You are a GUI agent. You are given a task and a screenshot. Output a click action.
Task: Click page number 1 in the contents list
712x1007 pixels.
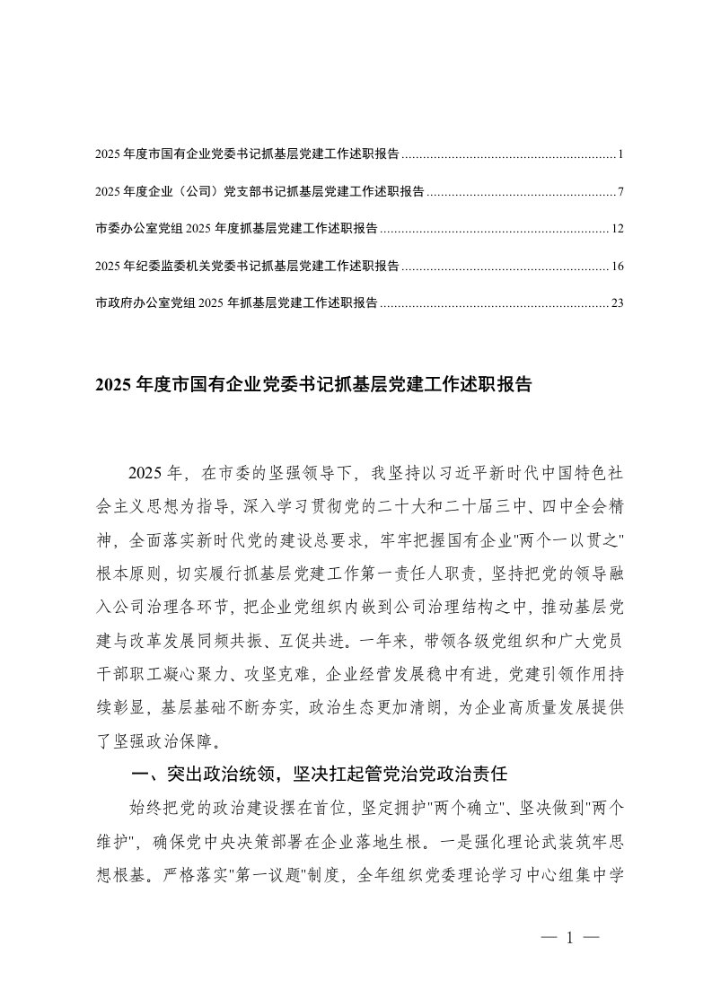pos(620,155)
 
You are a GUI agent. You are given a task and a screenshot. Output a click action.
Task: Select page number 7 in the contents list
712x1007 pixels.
pos(620,192)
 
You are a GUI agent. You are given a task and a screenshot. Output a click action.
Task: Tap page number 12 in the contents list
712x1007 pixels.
pos(617,229)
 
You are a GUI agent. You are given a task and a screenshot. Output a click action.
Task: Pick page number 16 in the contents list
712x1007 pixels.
pos(617,266)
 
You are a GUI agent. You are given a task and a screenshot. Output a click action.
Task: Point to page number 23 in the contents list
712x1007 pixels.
pos(617,303)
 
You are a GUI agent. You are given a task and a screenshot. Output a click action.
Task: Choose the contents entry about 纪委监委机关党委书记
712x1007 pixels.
pos(247,266)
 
